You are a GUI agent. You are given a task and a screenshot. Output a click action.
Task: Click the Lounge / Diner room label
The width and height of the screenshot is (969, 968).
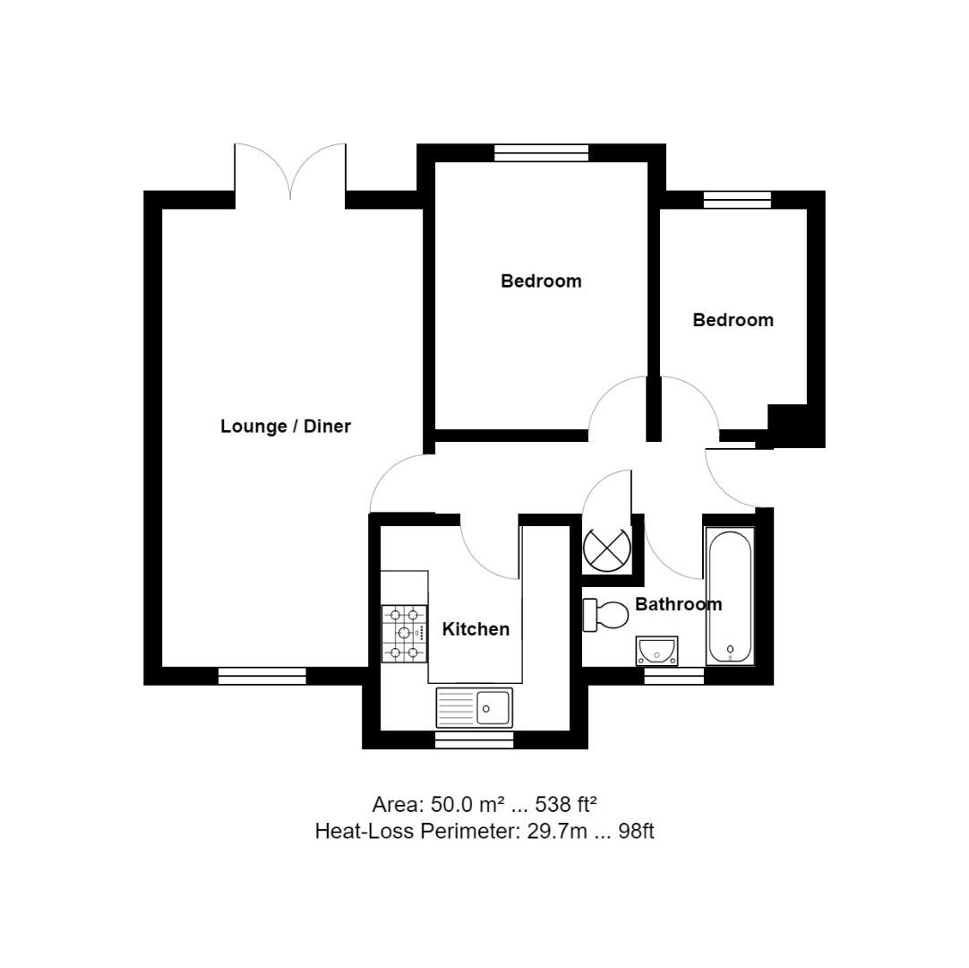point(286,427)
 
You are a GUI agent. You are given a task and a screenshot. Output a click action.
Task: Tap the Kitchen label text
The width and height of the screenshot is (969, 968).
point(476,629)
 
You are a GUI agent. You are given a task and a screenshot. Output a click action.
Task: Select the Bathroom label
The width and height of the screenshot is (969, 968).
point(678,604)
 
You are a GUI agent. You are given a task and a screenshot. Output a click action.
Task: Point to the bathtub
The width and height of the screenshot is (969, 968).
point(730,595)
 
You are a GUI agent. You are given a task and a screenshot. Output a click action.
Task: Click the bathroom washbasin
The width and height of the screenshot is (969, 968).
point(656,650)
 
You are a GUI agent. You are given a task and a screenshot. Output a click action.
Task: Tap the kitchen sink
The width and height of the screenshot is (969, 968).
point(475,707)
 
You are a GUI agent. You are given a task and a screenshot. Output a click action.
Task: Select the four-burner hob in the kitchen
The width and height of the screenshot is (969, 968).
point(404,633)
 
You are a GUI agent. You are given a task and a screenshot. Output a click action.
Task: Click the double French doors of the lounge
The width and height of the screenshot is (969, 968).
point(290,175)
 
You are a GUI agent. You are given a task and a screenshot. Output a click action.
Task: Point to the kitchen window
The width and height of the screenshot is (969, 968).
point(474,739)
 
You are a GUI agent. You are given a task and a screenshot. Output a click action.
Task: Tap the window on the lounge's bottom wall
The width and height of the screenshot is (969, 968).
point(262,676)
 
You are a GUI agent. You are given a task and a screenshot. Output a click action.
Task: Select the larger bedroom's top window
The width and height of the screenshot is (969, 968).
point(542,152)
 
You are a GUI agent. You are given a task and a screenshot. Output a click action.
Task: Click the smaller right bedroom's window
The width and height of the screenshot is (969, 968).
point(737,200)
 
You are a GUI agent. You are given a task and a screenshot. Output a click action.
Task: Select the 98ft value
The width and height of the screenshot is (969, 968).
point(636,831)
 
